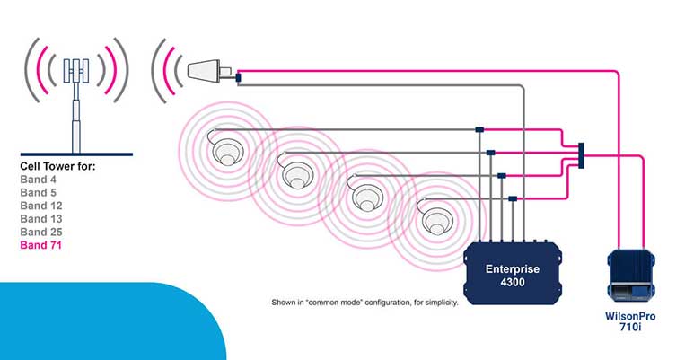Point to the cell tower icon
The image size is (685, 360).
click(76, 94)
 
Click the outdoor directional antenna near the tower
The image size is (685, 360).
click(208, 69)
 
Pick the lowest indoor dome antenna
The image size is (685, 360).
click(436, 219)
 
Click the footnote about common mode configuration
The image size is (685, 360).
click(364, 303)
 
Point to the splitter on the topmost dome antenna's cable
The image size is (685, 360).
click(479, 129)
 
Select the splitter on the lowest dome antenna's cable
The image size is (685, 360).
click(512, 198)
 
